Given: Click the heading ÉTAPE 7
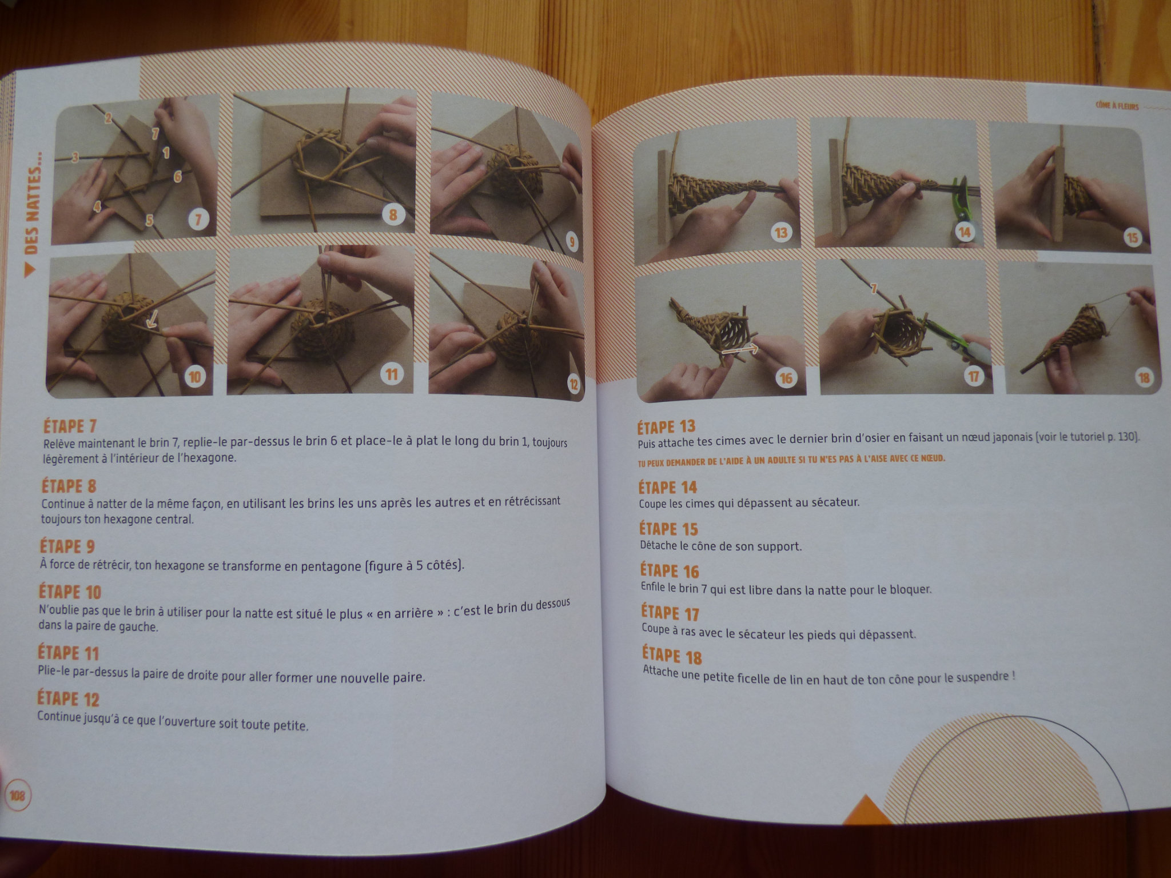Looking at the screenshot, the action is click(70, 426).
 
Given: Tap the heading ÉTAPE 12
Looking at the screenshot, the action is click(68, 699).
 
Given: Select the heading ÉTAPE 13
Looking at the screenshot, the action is click(666, 427).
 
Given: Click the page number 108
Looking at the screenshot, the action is click(18, 796).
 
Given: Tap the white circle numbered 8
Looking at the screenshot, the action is click(393, 215).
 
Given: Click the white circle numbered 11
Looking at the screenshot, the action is click(392, 375).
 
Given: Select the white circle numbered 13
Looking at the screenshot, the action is click(781, 233).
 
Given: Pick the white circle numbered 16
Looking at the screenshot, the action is click(786, 378).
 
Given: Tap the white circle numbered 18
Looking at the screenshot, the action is click(1144, 377).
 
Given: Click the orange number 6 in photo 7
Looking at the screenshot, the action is click(178, 177).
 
